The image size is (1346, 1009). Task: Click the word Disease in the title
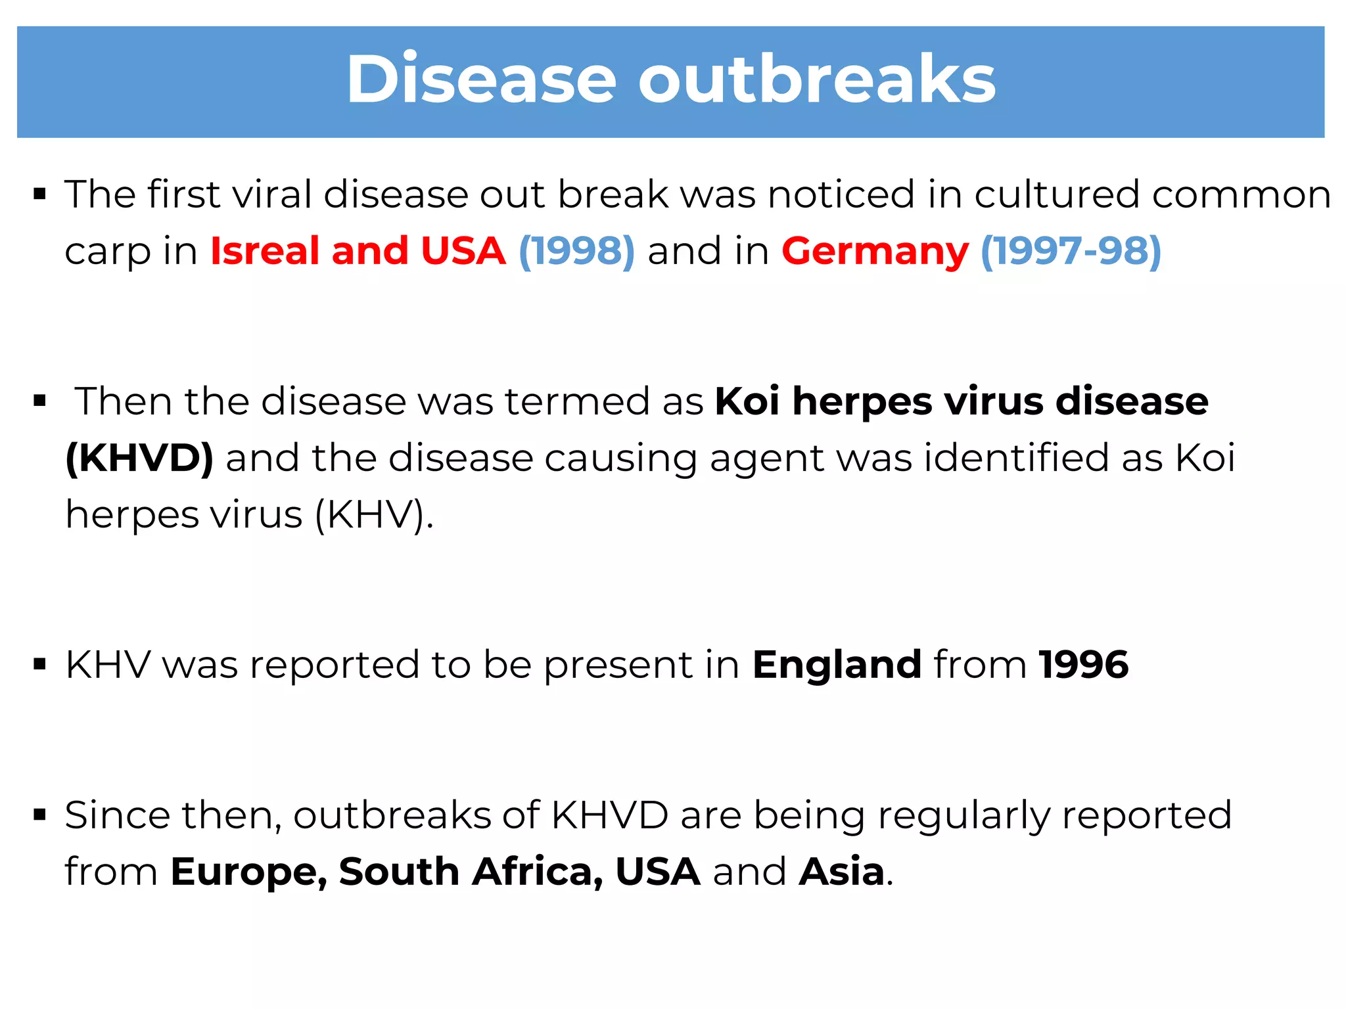tap(481, 79)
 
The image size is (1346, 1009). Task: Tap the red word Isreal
tap(265, 251)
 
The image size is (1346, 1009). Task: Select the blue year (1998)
tap(576, 251)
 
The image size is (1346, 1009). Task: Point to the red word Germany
tap(875, 251)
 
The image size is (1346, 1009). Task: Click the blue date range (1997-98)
tap(1071, 251)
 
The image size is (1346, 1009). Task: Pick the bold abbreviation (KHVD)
tap(139, 458)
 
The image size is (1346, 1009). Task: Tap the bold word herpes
tap(862, 401)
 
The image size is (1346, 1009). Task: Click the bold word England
tap(837, 665)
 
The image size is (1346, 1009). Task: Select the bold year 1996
tap(1084, 665)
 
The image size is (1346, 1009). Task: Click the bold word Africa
tap(538, 872)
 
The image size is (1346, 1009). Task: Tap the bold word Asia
tap(842, 872)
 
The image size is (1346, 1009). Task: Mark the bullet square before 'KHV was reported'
tap(40, 665)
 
